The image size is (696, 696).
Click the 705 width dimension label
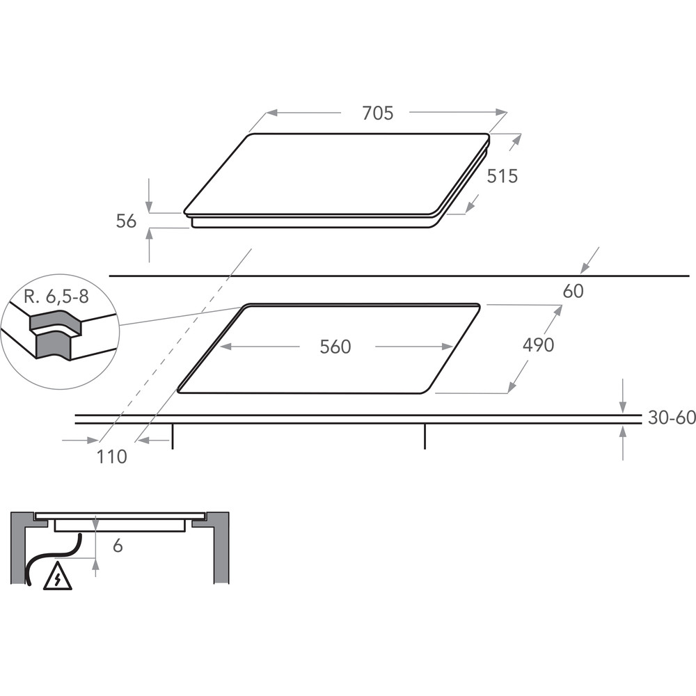coord(378,113)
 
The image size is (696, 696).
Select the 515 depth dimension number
coord(503,176)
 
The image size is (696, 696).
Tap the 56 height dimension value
coord(126,221)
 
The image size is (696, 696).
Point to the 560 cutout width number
coord(335,347)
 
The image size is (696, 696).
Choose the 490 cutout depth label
coord(538,345)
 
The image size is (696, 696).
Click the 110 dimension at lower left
coord(112,457)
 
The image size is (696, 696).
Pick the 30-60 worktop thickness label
coord(672,417)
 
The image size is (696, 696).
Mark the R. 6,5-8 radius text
coord(56,296)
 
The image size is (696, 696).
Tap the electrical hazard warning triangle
coord(58,576)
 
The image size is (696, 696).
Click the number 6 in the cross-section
coord(118,546)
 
